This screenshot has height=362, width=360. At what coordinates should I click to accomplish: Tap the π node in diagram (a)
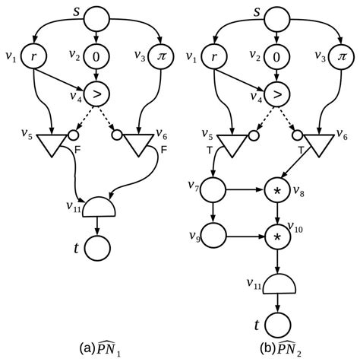pos(160,56)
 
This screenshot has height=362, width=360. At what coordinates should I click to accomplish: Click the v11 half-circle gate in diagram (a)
pos(96,206)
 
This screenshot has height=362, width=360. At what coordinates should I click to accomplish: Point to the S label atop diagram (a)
pos(96,12)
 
